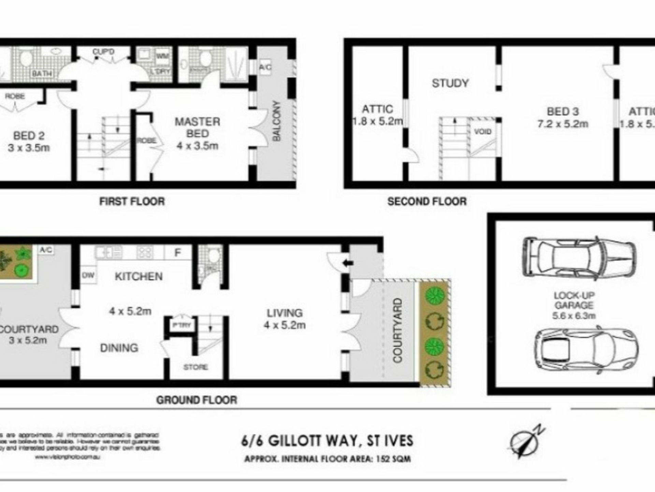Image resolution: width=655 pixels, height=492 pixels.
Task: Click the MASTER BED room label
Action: (197, 127)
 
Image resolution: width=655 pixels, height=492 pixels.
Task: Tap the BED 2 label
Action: (29, 136)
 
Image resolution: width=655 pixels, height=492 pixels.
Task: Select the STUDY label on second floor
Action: (450, 83)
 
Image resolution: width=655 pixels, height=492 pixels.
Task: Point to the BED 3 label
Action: (563, 111)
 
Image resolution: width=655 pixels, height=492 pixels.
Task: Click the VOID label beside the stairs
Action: (482, 132)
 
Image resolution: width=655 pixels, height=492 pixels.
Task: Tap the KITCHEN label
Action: (139, 276)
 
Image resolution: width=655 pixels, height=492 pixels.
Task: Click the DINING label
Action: (119, 348)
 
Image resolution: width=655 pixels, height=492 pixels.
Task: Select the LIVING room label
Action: (285, 313)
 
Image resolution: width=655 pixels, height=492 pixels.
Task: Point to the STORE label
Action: (195, 367)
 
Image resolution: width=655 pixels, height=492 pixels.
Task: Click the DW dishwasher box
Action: (88, 275)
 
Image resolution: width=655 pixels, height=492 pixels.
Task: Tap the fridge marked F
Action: (177, 253)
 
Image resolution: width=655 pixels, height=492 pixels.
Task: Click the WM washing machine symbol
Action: (162, 56)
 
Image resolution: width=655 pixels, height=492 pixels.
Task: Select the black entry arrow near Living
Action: (348, 263)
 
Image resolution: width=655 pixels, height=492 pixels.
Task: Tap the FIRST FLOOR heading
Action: (132, 201)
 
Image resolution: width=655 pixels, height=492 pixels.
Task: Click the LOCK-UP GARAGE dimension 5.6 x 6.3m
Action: (574, 315)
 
